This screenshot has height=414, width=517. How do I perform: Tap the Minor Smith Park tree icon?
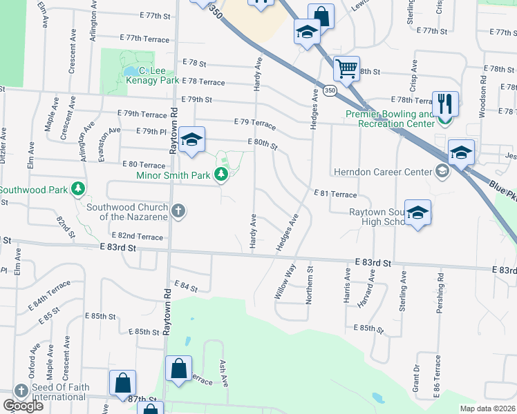pos(221,175)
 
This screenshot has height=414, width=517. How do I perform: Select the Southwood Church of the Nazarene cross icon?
pos(178,210)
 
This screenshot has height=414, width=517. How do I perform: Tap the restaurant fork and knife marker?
pos(446,104)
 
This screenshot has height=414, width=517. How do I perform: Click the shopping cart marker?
pos(346,69)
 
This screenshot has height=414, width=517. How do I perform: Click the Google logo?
pos(23,406)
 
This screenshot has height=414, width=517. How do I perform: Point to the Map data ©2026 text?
pos(487,408)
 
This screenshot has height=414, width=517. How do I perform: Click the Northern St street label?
pos(310,285)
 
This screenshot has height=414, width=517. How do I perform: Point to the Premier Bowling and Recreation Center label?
pos(391,118)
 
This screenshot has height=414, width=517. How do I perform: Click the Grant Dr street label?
pos(416,378)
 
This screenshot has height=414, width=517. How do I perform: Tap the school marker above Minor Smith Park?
pos(191,140)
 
